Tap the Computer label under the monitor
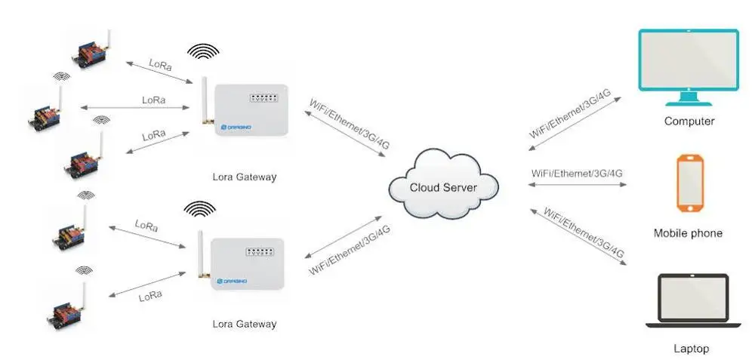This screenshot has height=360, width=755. (x=689, y=121)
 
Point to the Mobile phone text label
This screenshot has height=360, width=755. (x=688, y=233)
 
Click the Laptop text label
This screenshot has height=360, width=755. (x=691, y=349)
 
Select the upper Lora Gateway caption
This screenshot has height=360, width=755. (x=245, y=177)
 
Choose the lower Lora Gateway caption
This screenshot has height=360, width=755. (x=245, y=324)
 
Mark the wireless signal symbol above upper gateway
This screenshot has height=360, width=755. (x=203, y=51)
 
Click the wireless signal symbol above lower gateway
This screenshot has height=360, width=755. (x=199, y=207)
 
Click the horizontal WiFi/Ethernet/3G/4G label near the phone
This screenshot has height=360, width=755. (x=578, y=173)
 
